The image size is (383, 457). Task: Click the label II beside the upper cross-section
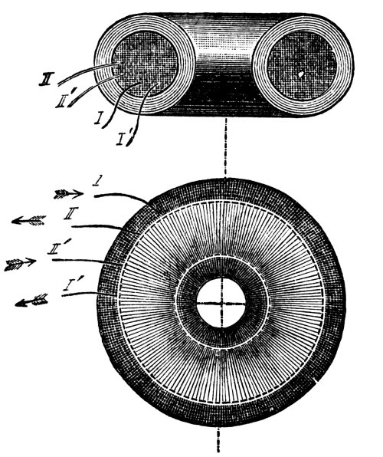[47, 79]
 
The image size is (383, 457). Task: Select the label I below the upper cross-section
[99, 118]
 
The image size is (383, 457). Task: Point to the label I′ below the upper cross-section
[125, 137]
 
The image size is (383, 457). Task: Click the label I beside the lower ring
[97, 182]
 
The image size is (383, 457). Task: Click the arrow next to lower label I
[68, 194]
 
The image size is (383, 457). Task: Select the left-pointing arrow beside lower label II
[28, 220]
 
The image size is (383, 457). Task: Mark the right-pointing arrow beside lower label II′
[20, 264]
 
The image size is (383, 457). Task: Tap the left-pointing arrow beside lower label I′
[31, 301]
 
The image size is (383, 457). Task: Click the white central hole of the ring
[221, 303]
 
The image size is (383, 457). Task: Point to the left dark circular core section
[145, 64]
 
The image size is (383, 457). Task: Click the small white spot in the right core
[301, 74]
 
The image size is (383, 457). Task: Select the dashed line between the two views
[225, 147]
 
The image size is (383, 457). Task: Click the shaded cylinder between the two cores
[224, 64]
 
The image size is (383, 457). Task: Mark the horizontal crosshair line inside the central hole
[221, 304]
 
